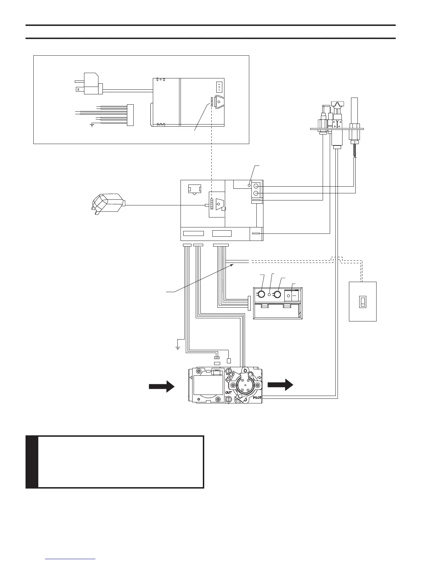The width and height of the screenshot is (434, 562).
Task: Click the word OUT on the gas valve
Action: click(x=229, y=393)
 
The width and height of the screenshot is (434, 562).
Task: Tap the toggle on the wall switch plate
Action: click(x=362, y=302)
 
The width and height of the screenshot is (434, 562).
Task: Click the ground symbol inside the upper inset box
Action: click(x=92, y=125)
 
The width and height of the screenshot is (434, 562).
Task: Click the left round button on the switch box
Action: click(x=261, y=294)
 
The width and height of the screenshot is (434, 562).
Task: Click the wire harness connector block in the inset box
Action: click(x=130, y=115)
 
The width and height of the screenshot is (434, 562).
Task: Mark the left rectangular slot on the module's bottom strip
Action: click(x=194, y=233)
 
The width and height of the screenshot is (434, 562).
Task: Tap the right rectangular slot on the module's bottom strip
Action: click(x=222, y=233)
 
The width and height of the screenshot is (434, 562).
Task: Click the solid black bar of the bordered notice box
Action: click(x=32, y=462)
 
